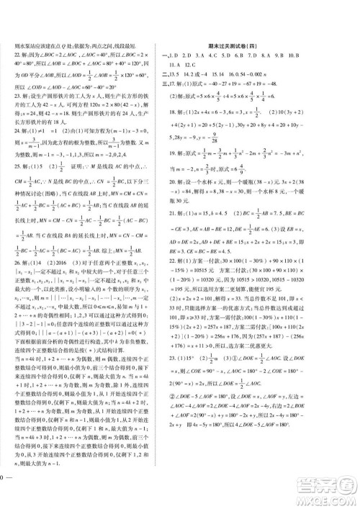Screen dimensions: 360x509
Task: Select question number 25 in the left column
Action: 17,189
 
